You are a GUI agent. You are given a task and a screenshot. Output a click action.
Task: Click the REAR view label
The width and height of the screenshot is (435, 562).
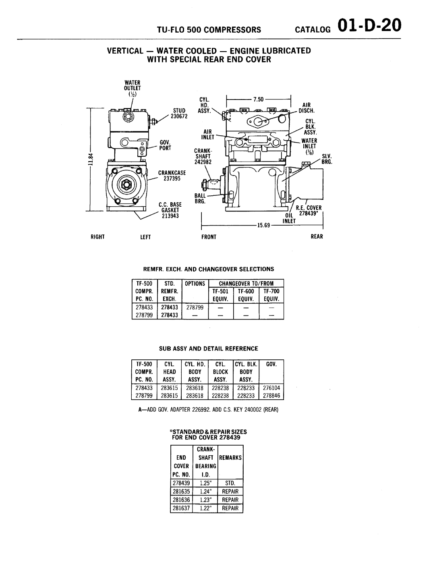(x=317, y=237)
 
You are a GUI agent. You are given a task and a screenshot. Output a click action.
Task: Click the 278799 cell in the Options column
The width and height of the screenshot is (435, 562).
(x=195, y=307)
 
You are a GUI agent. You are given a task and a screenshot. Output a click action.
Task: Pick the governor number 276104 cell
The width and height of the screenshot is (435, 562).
(x=271, y=388)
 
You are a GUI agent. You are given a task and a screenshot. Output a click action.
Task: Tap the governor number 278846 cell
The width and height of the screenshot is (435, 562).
(x=271, y=396)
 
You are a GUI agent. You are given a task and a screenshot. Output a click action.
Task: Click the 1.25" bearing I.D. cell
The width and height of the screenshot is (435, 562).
(x=205, y=483)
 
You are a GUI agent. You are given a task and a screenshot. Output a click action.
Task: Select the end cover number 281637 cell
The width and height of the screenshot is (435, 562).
(x=181, y=508)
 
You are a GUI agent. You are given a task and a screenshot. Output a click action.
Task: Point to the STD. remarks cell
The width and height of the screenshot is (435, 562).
(x=230, y=483)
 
